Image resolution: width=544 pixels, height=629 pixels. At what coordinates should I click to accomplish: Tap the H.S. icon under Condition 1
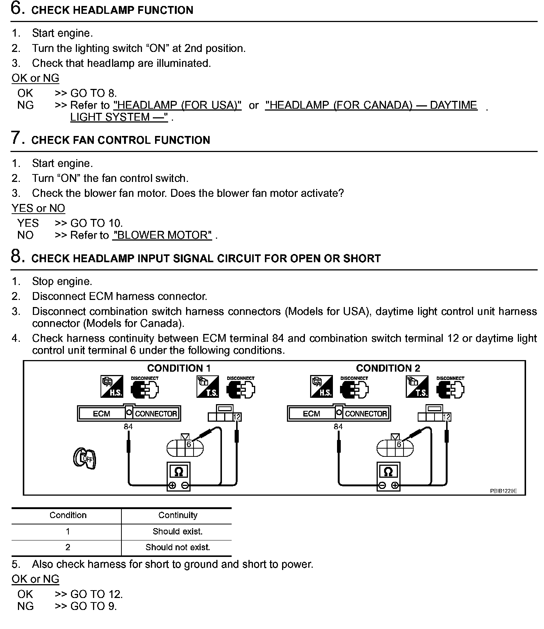pos(112,387)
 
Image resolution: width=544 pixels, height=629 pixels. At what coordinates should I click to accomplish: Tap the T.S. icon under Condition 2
pos(417,387)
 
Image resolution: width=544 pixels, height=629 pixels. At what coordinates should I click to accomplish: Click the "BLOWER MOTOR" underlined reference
pos(162,235)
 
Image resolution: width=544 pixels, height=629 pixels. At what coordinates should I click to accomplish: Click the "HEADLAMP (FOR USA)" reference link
pos(177,105)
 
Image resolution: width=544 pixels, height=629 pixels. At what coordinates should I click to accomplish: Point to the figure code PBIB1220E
pos(503,491)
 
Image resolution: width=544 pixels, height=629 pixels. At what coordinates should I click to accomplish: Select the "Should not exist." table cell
pos(178,548)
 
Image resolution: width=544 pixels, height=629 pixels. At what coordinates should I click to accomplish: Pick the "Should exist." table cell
pos(178,532)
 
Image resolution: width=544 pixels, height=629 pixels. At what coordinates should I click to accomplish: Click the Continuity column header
pos(178,515)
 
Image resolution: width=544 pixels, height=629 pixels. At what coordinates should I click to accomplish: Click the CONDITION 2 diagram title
pos(388,368)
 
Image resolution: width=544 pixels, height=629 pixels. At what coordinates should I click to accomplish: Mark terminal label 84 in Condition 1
pos(128,427)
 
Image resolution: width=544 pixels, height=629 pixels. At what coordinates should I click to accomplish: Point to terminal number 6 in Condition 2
pos(399,444)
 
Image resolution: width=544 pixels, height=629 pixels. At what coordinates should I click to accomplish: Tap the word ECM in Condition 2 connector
pos(311,414)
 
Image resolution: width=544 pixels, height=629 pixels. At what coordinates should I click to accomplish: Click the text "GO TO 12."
pos(97,594)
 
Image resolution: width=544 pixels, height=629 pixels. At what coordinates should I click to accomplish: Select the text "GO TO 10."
pos(97,223)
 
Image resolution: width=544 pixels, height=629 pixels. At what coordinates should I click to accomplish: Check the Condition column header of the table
pos(68,515)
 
